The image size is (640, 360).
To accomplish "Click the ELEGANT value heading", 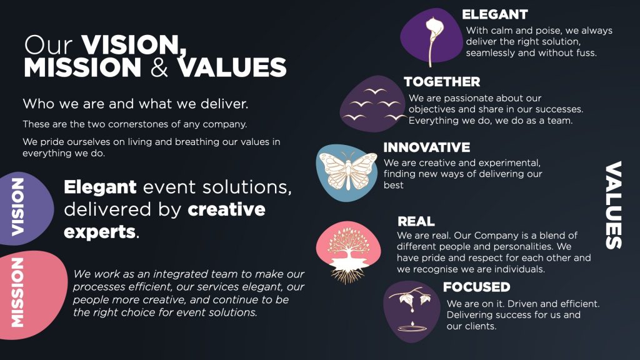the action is (x=495, y=15).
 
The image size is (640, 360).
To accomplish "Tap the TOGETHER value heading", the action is (x=442, y=82).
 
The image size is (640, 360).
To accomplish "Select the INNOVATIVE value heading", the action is (x=426, y=147).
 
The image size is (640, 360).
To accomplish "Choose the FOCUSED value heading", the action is (x=477, y=287).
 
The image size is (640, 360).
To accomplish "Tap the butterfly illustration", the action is (x=347, y=171).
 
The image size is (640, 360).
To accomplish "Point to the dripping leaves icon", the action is (x=410, y=309).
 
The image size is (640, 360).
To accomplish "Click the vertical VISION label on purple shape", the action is (x=17, y=207).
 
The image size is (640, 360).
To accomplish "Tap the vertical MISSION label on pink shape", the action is (x=17, y=292).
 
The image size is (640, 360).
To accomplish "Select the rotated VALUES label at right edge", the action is (x=614, y=205).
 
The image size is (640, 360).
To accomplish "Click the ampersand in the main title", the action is (x=159, y=67).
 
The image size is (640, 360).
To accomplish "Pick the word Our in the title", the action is (x=48, y=45).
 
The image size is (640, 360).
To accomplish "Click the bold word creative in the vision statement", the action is (x=226, y=209).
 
